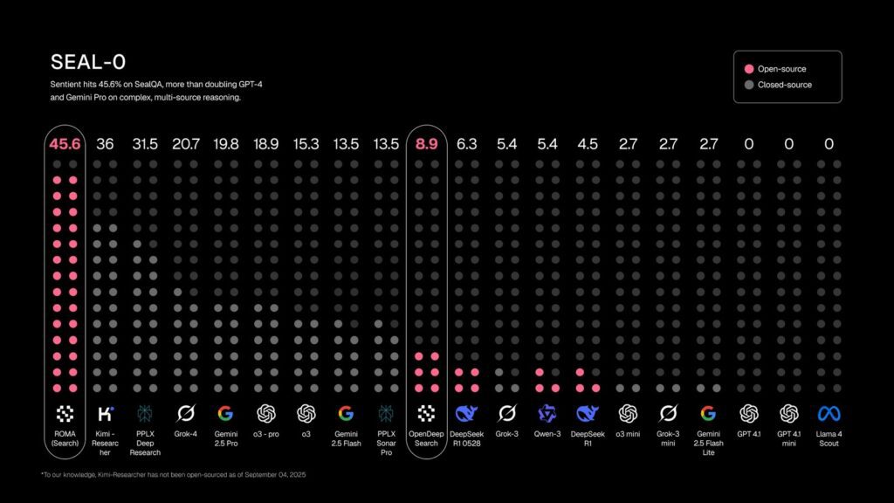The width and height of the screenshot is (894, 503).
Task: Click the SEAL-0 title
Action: coord(88,62)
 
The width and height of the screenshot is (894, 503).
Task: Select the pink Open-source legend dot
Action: coord(749,69)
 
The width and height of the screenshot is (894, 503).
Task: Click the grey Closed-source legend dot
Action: coord(749,85)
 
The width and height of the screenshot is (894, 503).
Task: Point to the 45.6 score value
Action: coord(65,144)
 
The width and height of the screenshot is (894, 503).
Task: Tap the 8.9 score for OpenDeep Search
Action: coord(426,144)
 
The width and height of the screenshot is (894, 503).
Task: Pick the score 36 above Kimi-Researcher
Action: coord(105,144)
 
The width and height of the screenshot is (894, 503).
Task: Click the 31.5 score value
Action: coord(145,144)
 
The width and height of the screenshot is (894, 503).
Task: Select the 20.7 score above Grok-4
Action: coord(185,144)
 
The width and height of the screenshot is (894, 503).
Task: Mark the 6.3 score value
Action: coord(466,144)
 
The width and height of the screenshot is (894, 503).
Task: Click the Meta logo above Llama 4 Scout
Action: coord(829,414)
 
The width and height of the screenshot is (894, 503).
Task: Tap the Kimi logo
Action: coord(105,414)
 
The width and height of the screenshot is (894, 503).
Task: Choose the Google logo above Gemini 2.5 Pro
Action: coord(225,414)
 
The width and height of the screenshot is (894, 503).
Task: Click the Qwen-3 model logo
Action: coord(547,414)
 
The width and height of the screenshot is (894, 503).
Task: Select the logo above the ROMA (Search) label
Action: coord(65,414)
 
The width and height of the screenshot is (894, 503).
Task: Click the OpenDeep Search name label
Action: coord(426,438)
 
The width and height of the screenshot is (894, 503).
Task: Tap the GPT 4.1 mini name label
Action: coord(788,438)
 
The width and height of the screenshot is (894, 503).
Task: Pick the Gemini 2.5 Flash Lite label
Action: coord(708,442)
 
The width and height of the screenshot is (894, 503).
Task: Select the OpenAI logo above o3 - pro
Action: coord(265,414)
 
